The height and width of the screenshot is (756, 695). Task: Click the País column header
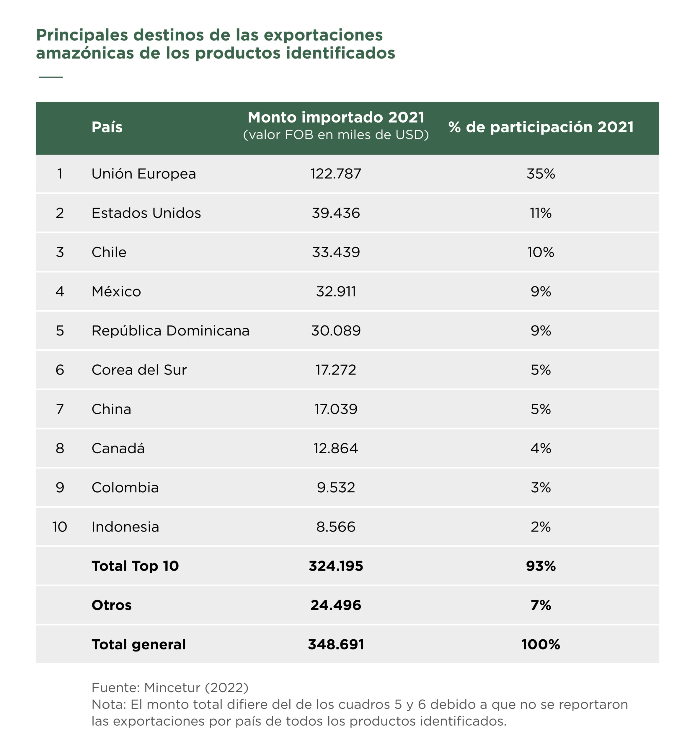coord(107,127)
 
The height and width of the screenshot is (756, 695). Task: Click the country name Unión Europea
coord(144,174)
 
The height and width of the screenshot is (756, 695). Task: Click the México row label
coord(116,291)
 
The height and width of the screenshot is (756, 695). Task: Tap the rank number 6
coord(60,370)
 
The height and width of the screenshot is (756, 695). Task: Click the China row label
coord(111,409)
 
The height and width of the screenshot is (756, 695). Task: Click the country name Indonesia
coord(125,527)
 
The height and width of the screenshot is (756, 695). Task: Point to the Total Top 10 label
coord(135,566)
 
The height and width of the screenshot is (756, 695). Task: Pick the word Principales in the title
coord(82,35)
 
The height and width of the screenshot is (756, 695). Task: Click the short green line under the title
coord(51,77)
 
